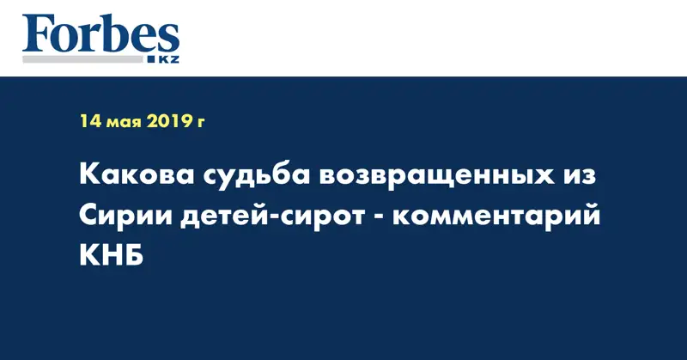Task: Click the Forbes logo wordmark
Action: (x=100, y=34)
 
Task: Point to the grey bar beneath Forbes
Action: (x=82, y=59)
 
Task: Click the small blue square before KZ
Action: (x=152, y=59)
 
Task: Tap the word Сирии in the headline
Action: (x=125, y=216)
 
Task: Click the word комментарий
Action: (x=496, y=217)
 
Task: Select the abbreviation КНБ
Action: (x=112, y=255)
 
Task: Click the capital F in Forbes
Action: (x=37, y=34)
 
